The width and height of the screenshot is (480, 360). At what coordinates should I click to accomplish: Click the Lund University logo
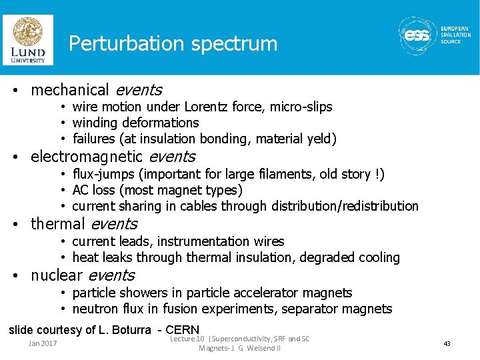tap(27, 40)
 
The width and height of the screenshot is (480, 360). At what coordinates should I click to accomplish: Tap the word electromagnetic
tap(87, 157)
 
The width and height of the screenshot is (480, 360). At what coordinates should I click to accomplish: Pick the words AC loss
tap(94, 190)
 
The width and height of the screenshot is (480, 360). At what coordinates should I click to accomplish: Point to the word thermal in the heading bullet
tap(58, 224)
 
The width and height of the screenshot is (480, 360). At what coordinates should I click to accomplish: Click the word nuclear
tap(57, 275)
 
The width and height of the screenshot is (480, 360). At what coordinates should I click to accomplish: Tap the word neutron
tap(93, 309)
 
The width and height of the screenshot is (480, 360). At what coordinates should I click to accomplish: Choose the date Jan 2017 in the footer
tap(43, 343)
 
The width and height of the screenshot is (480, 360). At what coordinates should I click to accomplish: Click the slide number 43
tap(447, 343)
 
